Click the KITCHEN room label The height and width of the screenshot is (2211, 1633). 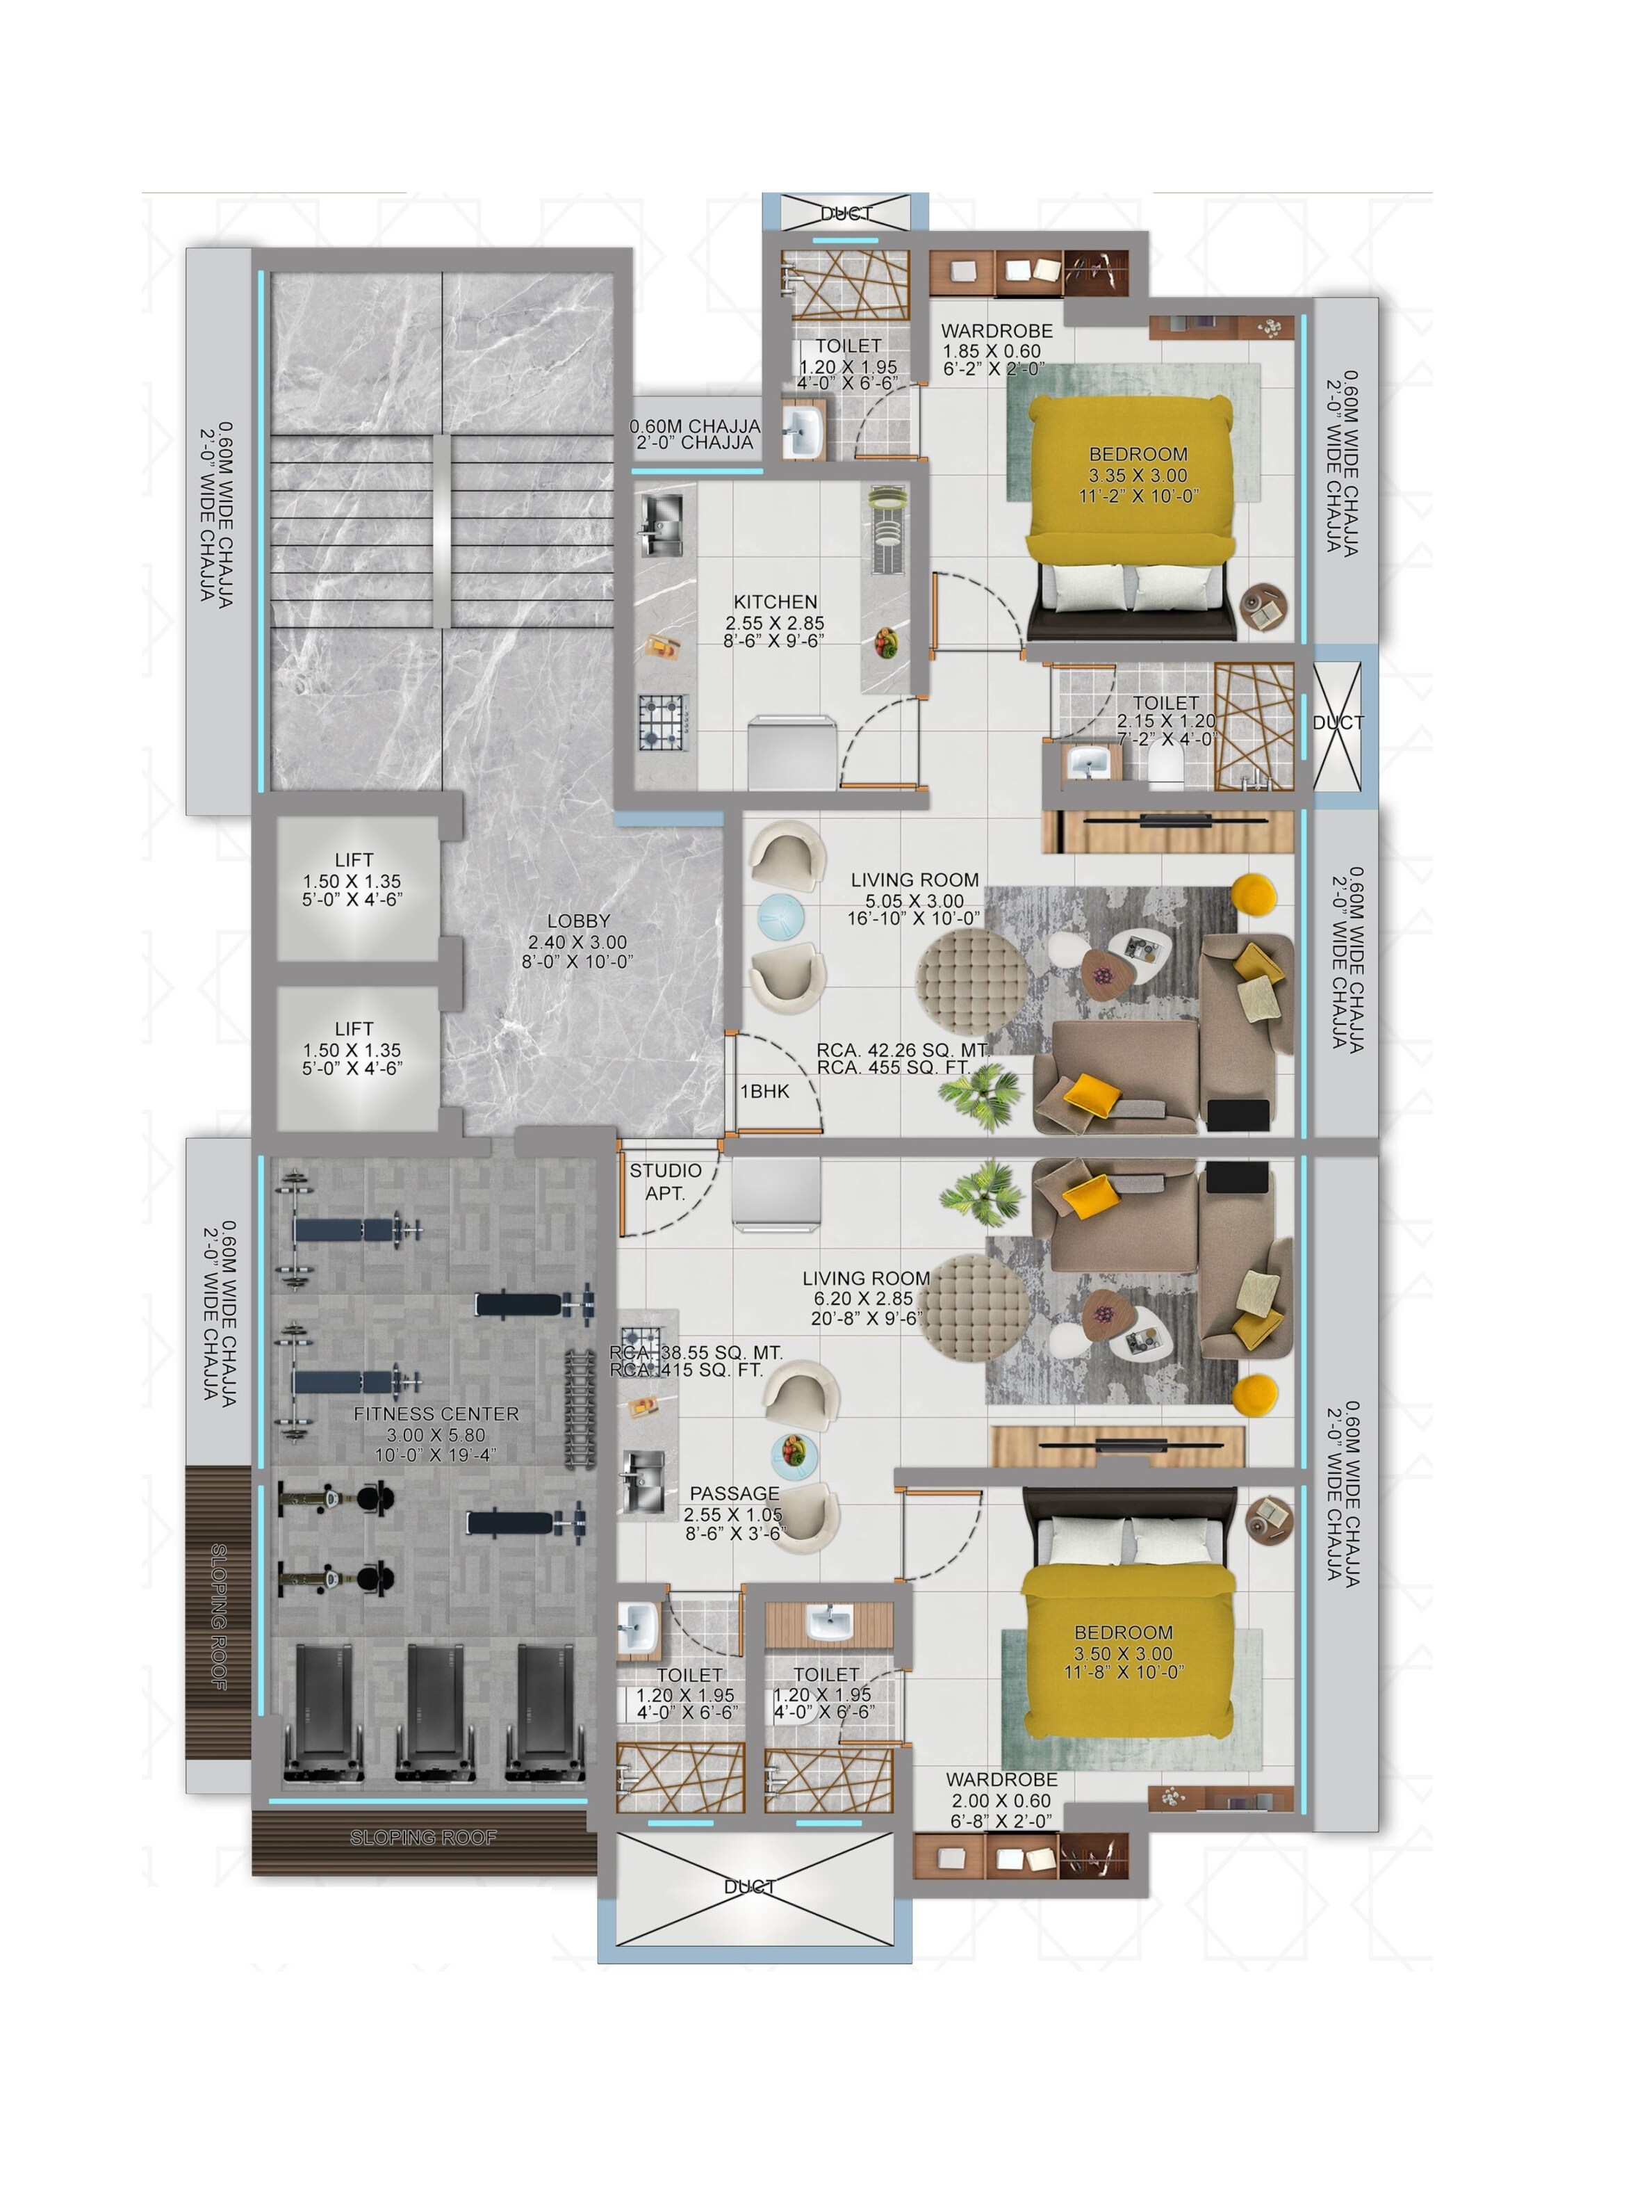click(775, 601)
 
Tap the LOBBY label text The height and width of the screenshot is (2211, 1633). click(578, 921)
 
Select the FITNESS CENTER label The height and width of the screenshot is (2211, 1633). click(436, 1414)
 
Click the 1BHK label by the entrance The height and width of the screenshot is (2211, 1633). click(765, 1091)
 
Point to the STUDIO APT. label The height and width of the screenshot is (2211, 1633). click(665, 1182)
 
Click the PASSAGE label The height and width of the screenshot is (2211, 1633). click(735, 1493)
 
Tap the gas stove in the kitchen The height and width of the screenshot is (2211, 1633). click(662, 723)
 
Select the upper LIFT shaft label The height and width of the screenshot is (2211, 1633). click(354, 860)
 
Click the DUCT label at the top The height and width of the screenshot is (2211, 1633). click(846, 213)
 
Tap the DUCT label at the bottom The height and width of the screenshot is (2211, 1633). click(749, 1887)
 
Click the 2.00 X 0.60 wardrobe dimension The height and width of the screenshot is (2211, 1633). click(1001, 1801)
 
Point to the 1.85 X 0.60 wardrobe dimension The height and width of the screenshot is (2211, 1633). click(992, 351)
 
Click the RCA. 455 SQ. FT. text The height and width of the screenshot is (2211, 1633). click(894, 1068)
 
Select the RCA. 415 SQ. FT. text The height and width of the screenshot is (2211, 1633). click(686, 1370)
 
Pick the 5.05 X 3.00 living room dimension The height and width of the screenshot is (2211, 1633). click(914, 901)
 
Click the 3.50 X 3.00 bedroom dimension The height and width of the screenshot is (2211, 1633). click(1124, 1653)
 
